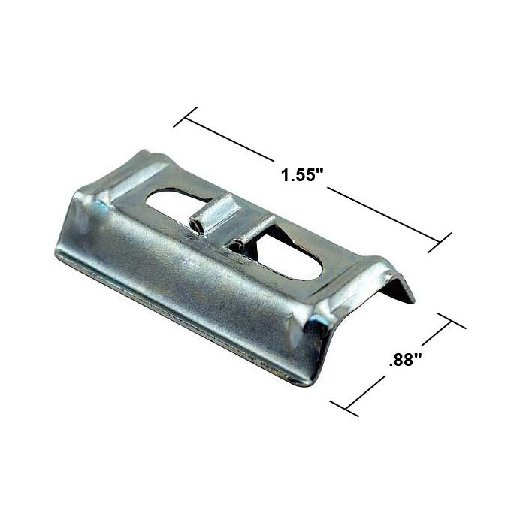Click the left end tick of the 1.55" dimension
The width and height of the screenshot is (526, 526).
pos(185,118)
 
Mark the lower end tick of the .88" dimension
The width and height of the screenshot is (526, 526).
pos(344,408)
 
